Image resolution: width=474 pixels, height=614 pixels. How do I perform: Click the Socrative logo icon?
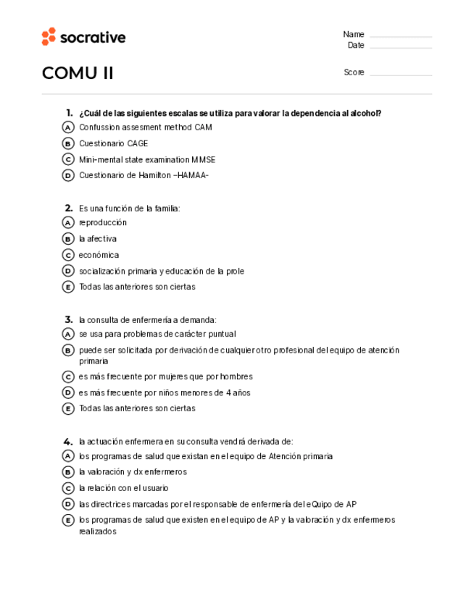coord(49,37)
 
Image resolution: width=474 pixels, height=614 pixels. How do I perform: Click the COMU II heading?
coord(78,73)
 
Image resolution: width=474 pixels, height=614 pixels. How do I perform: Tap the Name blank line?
coord(400,35)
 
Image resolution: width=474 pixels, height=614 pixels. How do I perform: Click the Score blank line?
coord(400,74)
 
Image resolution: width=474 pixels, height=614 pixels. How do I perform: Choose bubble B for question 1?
coord(68,143)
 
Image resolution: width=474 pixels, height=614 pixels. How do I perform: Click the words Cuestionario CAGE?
coord(113,143)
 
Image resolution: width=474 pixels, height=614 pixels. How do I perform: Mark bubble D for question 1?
coord(68,175)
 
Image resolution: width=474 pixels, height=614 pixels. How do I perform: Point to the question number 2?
coord(68,209)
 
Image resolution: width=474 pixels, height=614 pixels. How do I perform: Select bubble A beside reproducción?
coord(68,223)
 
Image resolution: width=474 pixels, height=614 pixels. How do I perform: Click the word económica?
coord(99,255)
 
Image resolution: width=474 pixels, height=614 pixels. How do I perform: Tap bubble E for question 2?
coord(68,287)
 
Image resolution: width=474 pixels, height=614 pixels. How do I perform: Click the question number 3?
coord(68,319)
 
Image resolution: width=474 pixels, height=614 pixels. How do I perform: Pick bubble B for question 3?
coord(68,350)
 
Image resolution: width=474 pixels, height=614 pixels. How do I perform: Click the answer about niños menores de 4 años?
coord(165,392)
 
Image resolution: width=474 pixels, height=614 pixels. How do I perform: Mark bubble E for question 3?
coord(68,408)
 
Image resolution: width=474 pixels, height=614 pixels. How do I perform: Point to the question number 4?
coord(68,441)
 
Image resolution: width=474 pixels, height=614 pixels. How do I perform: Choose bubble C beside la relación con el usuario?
coord(68,488)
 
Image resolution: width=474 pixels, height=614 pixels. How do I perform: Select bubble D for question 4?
coord(68,504)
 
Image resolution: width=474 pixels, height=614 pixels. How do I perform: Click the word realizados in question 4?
coord(97,531)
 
